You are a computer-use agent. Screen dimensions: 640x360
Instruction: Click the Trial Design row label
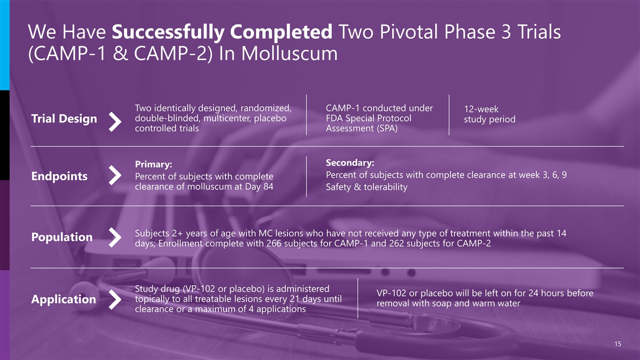tap(64, 119)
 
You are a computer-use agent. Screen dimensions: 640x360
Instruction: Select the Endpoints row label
tap(59, 176)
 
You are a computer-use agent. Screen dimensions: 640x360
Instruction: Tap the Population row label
tap(62, 237)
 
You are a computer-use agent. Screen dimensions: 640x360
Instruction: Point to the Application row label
tap(63, 299)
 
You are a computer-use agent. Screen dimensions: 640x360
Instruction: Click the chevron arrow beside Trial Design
tap(115, 121)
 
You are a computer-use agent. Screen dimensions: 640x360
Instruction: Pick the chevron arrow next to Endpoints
tap(115, 175)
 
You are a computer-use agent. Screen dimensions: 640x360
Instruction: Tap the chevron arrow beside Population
tap(115, 237)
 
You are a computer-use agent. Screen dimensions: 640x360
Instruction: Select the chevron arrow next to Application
tap(115, 299)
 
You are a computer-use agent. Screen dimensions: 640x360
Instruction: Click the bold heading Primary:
tap(153, 164)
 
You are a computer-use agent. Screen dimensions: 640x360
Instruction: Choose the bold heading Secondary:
tap(350, 163)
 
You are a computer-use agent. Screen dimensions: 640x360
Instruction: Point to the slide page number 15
tap(617, 343)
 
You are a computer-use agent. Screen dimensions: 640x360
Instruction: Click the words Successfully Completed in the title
tap(222, 32)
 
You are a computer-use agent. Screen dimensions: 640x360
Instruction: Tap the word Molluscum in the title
tap(289, 53)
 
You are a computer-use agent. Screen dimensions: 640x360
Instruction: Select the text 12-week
tap(481, 109)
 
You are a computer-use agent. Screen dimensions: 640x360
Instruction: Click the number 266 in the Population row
tap(274, 243)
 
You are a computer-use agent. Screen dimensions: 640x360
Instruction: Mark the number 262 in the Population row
tap(396, 243)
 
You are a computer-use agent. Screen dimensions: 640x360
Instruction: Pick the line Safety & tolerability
tap(366, 187)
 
